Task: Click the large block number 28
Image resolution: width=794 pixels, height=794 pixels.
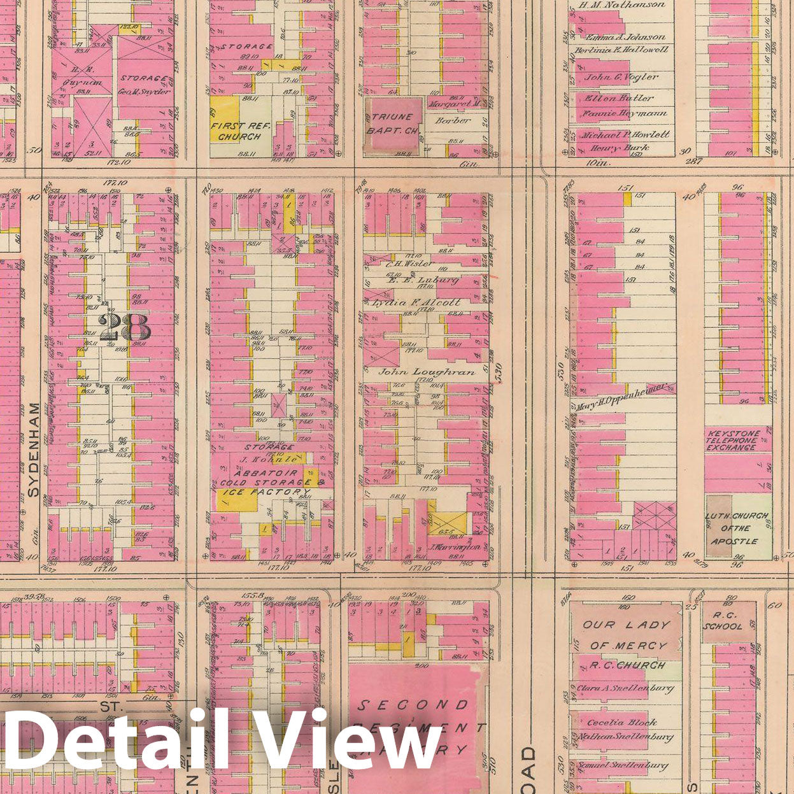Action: coord(125,327)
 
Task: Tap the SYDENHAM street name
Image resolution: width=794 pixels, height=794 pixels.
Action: coord(34,450)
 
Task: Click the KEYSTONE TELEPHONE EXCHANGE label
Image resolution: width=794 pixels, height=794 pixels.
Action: coord(732,441)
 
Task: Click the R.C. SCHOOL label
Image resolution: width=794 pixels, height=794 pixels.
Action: coord(727,621)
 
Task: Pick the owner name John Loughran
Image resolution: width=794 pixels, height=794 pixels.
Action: coord(427,371)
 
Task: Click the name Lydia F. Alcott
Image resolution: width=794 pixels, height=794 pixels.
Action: coord(425,302)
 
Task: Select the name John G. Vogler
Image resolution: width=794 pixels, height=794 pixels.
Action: coord(621,77)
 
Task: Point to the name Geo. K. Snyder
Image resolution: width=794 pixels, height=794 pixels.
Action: coord(145,91)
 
